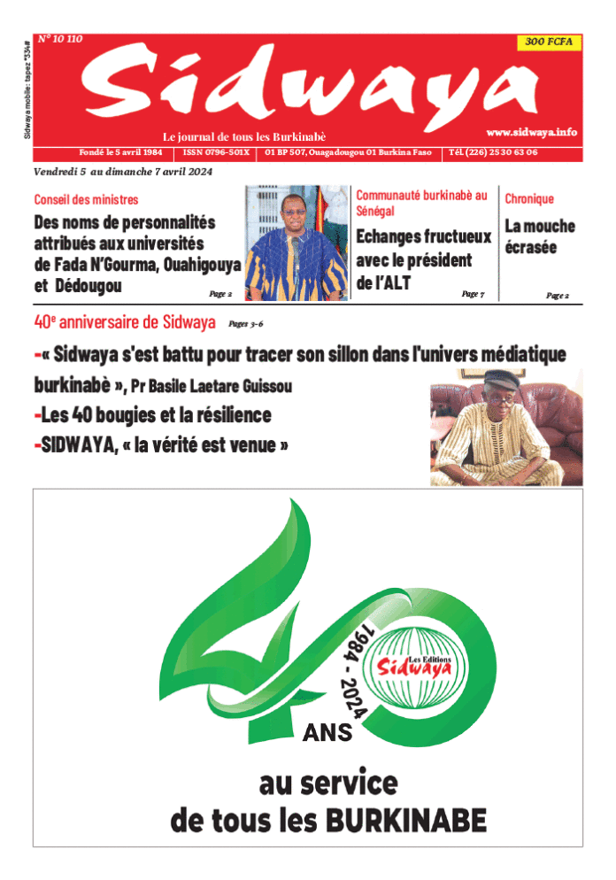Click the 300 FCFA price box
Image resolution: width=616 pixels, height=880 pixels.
(x=549, y=42)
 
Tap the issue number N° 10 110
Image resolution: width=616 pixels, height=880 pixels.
(x=59, y=39)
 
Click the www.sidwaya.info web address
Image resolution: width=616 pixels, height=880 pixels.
(x=531, y=132)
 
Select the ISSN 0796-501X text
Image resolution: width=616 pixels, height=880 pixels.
(x=217, y=152)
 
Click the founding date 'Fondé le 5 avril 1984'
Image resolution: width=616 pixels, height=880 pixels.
(x=120, y=152)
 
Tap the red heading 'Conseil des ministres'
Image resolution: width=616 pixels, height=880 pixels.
(x=86, y=200)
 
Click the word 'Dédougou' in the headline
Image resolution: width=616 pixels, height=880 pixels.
(x=89, y=286)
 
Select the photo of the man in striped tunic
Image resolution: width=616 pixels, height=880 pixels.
(x=296, y=243)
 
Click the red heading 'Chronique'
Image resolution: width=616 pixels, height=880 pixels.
(x=529, y=200)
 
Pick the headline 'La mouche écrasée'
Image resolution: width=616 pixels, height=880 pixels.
(x=540, y=236)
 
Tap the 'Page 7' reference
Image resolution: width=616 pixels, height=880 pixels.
(x=473, y=293)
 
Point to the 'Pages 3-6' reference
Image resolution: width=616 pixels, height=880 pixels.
(x=246, y=324)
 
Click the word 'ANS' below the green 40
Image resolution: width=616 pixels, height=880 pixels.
(x=327, y=733)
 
